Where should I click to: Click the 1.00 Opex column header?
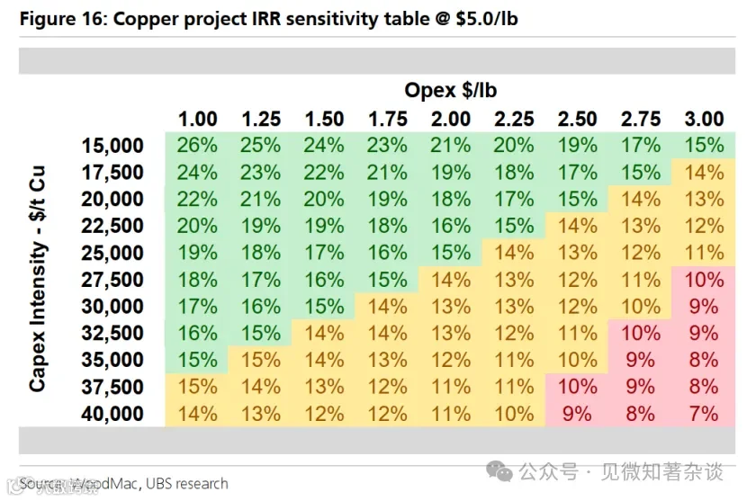198,119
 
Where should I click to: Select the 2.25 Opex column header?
514,119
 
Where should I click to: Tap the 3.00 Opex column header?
704,119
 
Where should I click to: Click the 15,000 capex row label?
112,146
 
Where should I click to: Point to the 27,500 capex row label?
112,280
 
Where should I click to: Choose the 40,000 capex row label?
112,414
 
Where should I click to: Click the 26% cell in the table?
197,145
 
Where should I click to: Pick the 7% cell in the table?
704,414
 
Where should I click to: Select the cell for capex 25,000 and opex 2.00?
451,253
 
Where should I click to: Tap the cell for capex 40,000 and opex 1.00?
197,414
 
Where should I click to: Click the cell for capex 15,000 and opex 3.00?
704,145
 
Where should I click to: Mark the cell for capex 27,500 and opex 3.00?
704,280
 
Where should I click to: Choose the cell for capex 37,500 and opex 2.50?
578,387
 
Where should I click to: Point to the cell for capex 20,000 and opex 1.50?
324,199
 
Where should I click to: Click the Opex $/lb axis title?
451,90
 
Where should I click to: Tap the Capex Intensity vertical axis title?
38,279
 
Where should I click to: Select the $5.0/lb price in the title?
486,19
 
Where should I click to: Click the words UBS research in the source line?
187,483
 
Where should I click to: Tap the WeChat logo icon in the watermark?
499,471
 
